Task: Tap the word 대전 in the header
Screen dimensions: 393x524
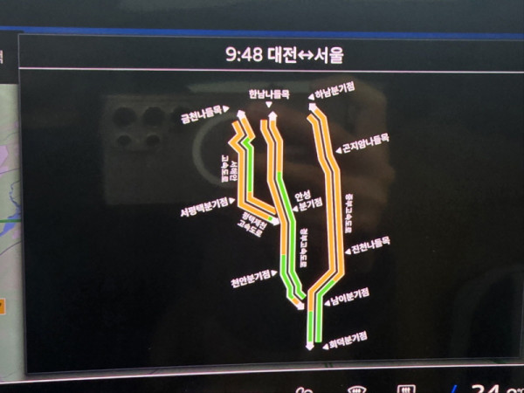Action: click(x=269, y=55)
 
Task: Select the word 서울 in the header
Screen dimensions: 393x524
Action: click(x=328, y=55)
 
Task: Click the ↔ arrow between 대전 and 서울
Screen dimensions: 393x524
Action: click(x=299, y=55)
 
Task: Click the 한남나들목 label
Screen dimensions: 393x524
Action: click(x=267, y=93)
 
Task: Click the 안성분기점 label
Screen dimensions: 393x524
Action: click(x=305, y=201)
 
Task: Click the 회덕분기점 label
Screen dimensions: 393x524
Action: click(x=347, y=339)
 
